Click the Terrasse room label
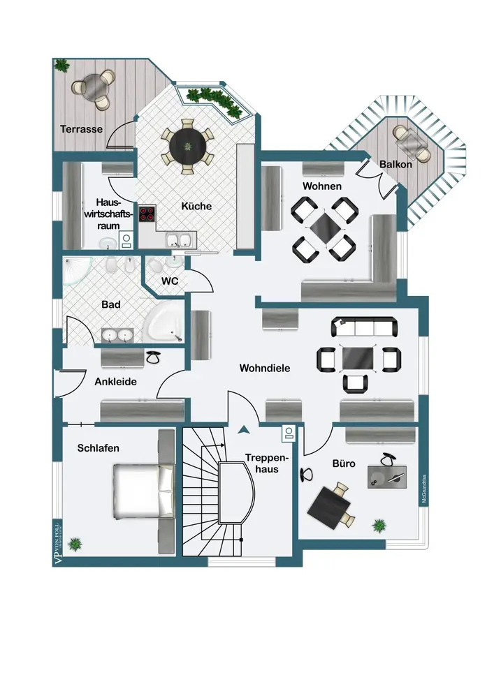pos(81,129)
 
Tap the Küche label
pos(196,206)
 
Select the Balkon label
pos(395,165)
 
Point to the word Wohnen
pos(322,186)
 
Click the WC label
pos(170,281)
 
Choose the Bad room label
pos(110,304)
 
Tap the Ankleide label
pos(115,382)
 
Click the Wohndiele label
pos(264,367)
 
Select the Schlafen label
pos(98,448)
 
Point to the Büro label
pos(344,463)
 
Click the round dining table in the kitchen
pos(188,144)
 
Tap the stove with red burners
pos(147,215)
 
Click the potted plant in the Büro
pos(380,524)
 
